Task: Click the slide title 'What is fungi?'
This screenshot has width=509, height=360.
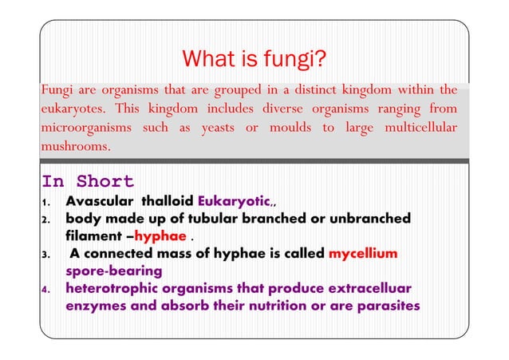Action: (x=254, y=60)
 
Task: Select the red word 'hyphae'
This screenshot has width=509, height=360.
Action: (x=160, y=236)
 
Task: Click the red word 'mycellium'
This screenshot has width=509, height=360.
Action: (x=363, y=254)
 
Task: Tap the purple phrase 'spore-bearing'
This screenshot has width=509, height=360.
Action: (x=114, y=271)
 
